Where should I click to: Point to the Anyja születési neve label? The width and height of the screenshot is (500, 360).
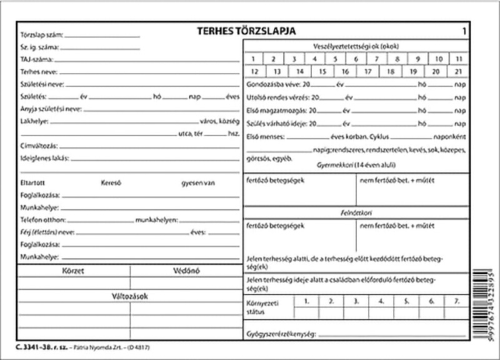click(x=51, y=108)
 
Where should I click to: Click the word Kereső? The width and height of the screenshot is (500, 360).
click(x=111, y=182)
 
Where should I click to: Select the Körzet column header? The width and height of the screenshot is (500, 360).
click(x=74, y=271)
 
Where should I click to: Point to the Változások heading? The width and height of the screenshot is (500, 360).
click(x=130, y=295)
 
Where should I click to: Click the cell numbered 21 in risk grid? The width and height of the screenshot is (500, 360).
click(x=459, y=71)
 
